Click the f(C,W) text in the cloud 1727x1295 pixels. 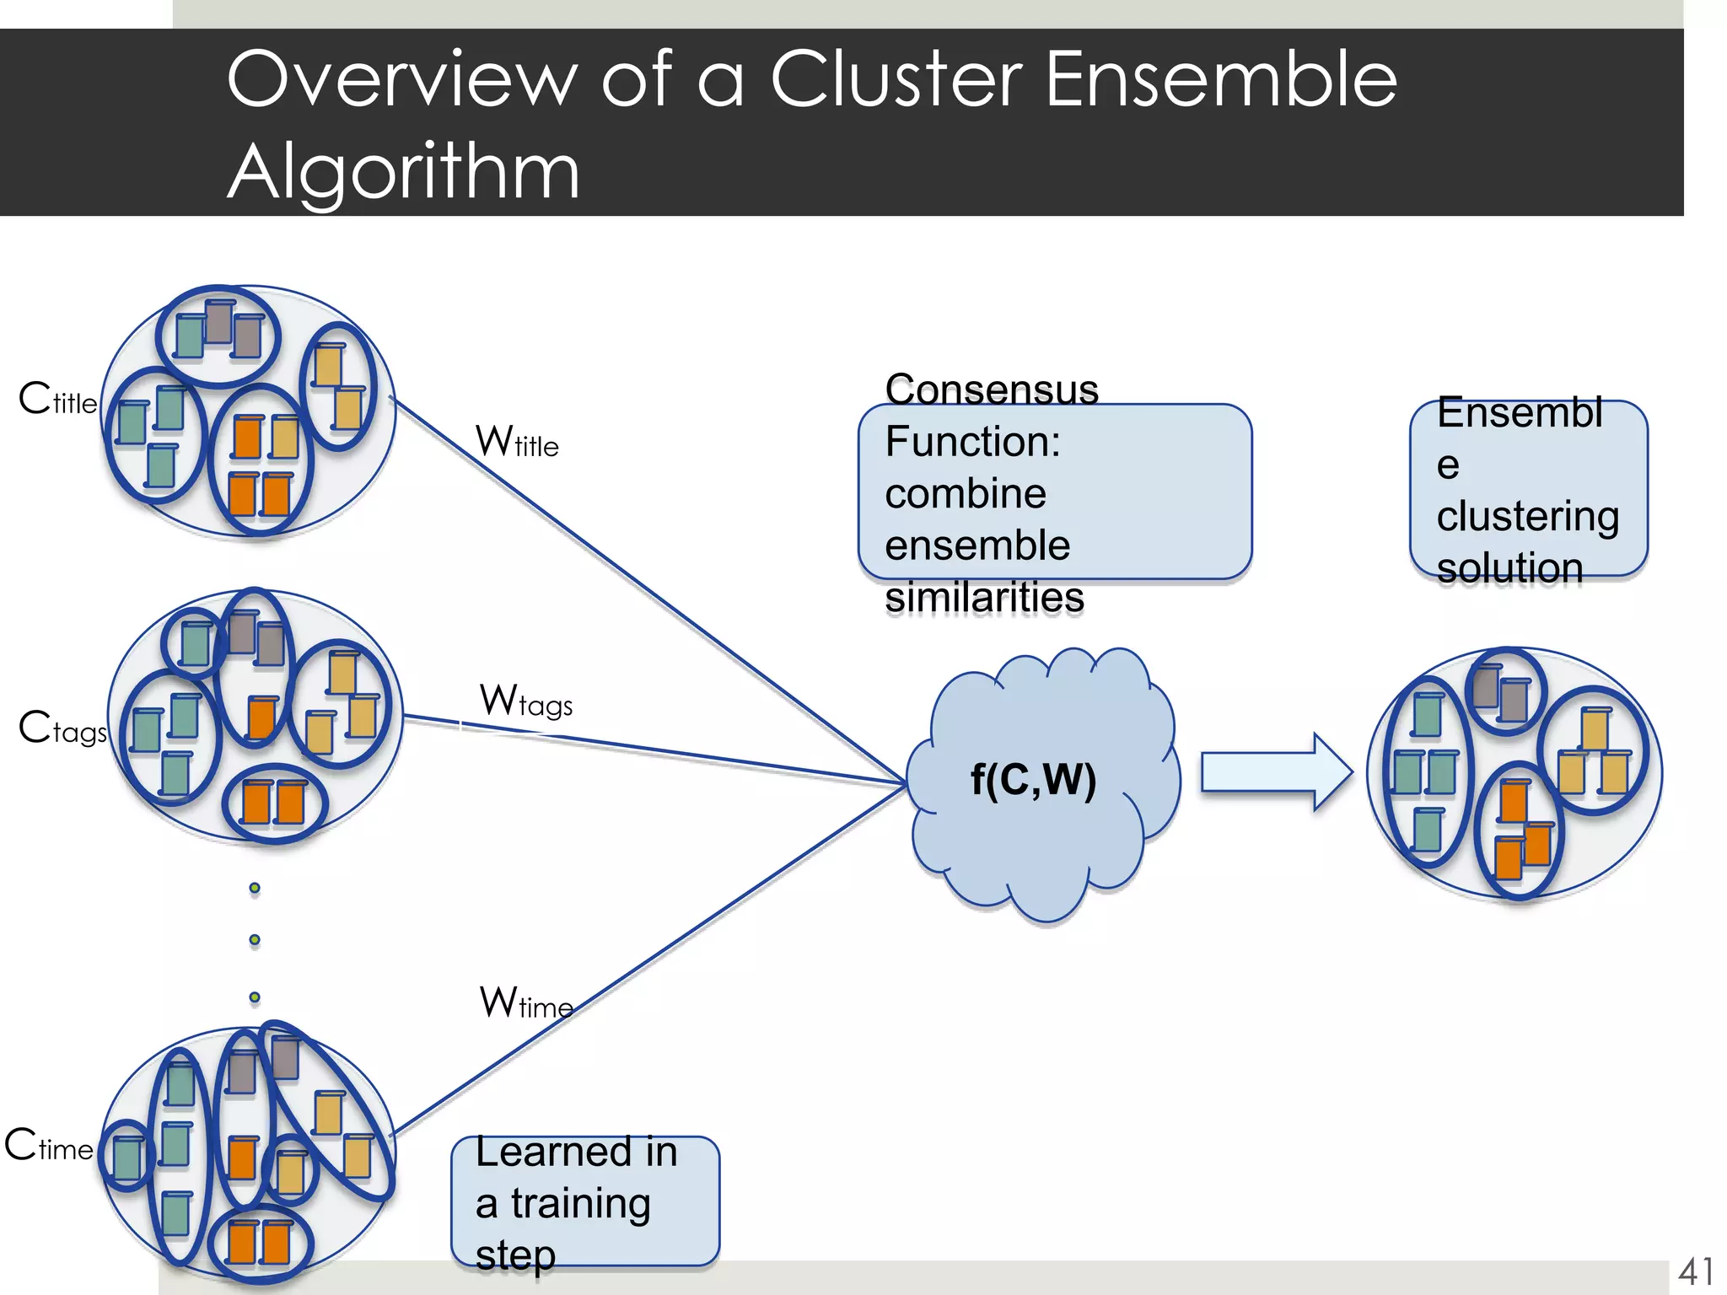[x=1033, y=779]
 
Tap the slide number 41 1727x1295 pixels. [x=1695, y=1271]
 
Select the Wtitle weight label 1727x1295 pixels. [x=517, y=441]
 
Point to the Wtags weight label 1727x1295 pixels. [x=526, y=701]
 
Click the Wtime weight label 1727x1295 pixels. [x=526, y=1002]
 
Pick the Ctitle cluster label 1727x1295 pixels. [x=57, y=399]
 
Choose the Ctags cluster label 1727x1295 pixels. [x=62, y=728]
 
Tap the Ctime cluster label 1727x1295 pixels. [x=49, y=1146]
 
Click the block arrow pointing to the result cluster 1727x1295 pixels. [x=1275, y=772]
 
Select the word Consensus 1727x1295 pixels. [x=992, y=390]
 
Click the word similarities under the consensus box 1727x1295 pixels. [x=984, y=598]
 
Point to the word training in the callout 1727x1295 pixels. [x=581, y=1203]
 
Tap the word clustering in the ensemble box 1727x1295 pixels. [x=1527, y=517]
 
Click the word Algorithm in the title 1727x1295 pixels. [x=403, y=171]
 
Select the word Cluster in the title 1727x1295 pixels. [x=897, y=78]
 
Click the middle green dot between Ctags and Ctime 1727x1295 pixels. [x=255, y=940]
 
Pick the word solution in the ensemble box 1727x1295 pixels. [x=1509, y=568]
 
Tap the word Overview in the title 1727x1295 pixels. [x=401, y=78]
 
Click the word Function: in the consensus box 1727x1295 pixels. [x=972, y=442]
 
